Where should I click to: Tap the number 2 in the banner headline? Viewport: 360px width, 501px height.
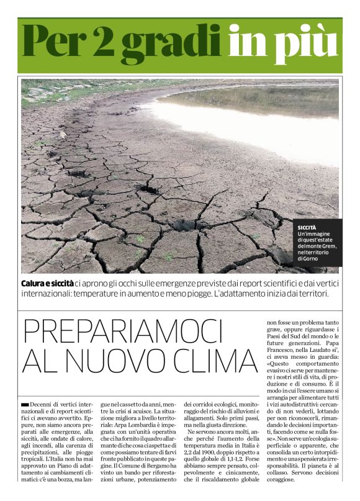(103, 41)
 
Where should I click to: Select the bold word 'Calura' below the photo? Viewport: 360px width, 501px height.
(36, 283)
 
